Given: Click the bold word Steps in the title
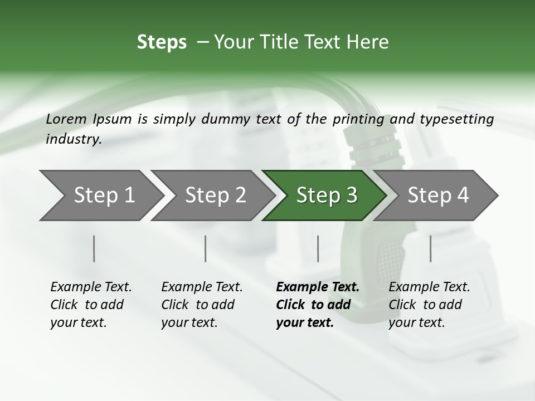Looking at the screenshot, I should pos(162,42).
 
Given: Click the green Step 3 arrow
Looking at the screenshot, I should pos(323,195).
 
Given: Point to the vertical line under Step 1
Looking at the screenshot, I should pos(94,248).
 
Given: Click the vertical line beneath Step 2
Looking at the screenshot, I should pos(206,248).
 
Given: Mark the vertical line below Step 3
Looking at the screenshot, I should pos(318,248).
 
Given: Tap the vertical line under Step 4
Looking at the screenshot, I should pos(430,248).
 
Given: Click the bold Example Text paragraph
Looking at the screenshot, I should pos(318,305).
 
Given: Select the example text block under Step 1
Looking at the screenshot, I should pos(91,305).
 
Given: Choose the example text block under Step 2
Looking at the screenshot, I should pos(202,305).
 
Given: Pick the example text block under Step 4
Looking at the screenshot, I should pos(429,305).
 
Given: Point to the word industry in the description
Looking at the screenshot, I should pos(74,139).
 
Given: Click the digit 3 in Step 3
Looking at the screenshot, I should pos(351,195).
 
